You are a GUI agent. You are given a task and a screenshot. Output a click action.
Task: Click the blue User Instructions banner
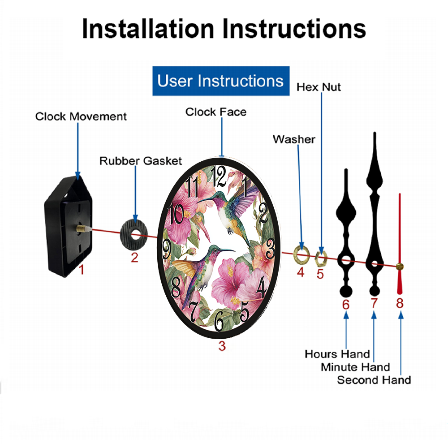[x=221, y=81]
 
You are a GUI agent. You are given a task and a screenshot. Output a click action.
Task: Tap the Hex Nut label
[x=319, y=87]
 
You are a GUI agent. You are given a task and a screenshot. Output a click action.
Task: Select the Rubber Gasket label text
[x=141, y=161]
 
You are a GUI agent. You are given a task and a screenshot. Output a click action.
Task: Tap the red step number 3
[x=222, y=346]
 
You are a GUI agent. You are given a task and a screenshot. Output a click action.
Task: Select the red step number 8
[x=400, y=303]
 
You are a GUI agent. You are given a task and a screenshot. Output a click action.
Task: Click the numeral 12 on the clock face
[x=218, y=176]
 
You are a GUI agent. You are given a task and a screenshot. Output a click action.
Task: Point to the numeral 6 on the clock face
[x=219, y=321]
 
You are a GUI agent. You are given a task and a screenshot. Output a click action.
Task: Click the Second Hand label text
[x=374, y=380]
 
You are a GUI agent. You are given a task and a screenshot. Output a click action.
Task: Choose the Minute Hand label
[x=355, y=367]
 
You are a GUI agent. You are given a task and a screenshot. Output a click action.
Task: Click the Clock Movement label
[x=81, y=116]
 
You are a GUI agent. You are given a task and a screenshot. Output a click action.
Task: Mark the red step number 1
[x=82, y=270]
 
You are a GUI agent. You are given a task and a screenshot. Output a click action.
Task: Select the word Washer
[x=294, y=139]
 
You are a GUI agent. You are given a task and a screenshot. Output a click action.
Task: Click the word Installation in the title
[x=148, y=29]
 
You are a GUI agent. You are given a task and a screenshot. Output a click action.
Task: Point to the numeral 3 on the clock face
[x=270, y=249]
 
